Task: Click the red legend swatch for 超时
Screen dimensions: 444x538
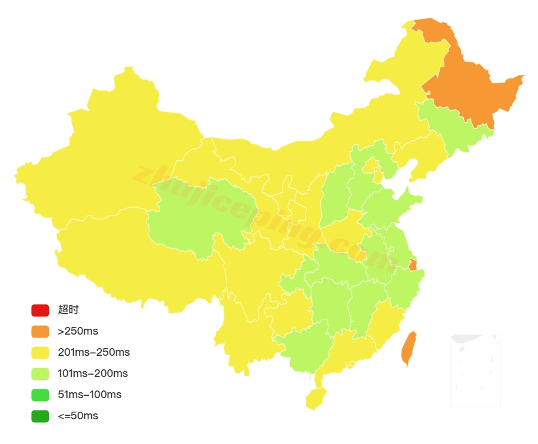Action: click(40, 310)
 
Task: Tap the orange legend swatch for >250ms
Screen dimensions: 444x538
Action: click(40, 331)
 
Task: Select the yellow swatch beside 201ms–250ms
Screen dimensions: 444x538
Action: click(40, 352)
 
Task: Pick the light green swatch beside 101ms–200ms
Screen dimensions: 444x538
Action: click(40, 373)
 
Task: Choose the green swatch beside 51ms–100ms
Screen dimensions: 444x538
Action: click(40, 395)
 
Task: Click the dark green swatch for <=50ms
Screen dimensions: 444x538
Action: click(40, 416)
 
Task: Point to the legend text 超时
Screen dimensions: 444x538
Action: click(68, 310)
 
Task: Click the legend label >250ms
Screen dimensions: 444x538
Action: click(78, 331)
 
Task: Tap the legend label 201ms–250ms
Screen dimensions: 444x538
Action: click(94, 352)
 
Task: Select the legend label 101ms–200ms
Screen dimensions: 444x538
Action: click(92, 373)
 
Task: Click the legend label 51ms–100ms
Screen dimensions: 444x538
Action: click(89, 395)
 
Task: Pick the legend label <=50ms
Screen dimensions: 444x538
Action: click(78, 416)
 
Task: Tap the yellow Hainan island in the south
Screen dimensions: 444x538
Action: click(316, 399)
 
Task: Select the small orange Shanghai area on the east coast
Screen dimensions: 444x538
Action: click(413, 265)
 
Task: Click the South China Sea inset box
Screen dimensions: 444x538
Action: click(475, 371)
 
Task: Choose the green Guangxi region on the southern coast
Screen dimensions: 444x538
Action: click(303, 347)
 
